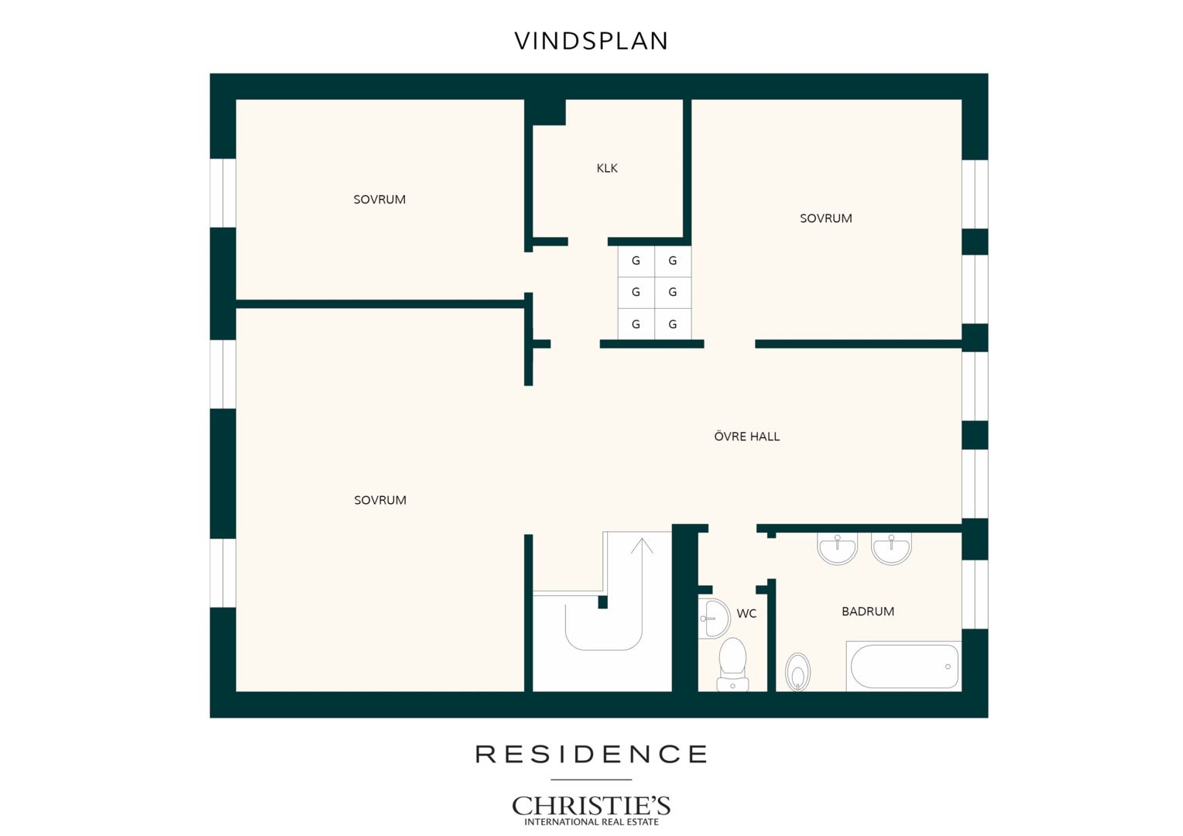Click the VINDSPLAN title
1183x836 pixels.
click(591, 41)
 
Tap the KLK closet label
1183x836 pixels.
click(607, 168)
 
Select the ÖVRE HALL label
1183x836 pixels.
click(747, 436)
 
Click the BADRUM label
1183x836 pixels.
click(868, 611)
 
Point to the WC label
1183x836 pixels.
click(746, 613)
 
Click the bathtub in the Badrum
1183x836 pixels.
click(904, 666)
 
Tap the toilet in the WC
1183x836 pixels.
click(732, 664)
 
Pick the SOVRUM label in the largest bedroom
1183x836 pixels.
click(380, 500)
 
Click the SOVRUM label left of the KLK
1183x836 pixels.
click(379, 200)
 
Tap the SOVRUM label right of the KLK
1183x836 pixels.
click(826, 218)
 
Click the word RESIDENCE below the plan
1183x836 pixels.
click(591, 754)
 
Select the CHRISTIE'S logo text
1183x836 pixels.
click(591, 806)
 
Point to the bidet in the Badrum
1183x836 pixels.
click(797, 672)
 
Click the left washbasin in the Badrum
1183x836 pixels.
click(837, 548)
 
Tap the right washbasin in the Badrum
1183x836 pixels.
click(891, 549)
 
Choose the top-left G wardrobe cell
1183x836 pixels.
click(636, 261)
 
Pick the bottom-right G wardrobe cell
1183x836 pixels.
click(672, 324)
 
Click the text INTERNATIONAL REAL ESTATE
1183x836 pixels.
click(591, 822)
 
